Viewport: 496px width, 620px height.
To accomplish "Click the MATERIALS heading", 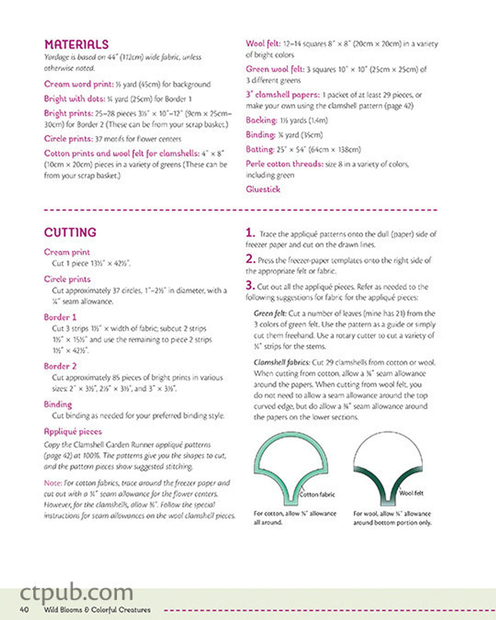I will (x=76, y=45).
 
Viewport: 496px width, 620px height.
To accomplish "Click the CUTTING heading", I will (x=70, y=232).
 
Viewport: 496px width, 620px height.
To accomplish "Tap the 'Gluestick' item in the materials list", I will (x=263, y=189).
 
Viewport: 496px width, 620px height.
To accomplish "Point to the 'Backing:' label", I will (x=261, y=120).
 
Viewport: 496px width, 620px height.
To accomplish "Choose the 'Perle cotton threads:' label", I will (x=284, y=164).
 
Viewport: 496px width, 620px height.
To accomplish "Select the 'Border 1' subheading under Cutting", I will (x=60, y=317).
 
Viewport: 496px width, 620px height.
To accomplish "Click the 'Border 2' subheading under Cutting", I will (x=60, y=366).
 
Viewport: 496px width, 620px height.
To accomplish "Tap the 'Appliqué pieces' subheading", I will (x=73, y=432).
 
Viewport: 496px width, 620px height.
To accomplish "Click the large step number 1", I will (x=250, y=232).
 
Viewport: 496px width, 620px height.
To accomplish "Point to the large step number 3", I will (x=250, y=285).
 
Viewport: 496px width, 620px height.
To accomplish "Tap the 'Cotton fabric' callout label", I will (x=317, y=495).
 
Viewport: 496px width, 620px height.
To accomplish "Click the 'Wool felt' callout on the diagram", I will (x=411, y=493).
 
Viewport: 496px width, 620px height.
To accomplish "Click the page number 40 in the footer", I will (x=24, y=609).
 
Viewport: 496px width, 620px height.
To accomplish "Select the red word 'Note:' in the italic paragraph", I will (x=52, y=483).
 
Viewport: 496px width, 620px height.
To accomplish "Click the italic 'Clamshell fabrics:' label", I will (x=281, y=362).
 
